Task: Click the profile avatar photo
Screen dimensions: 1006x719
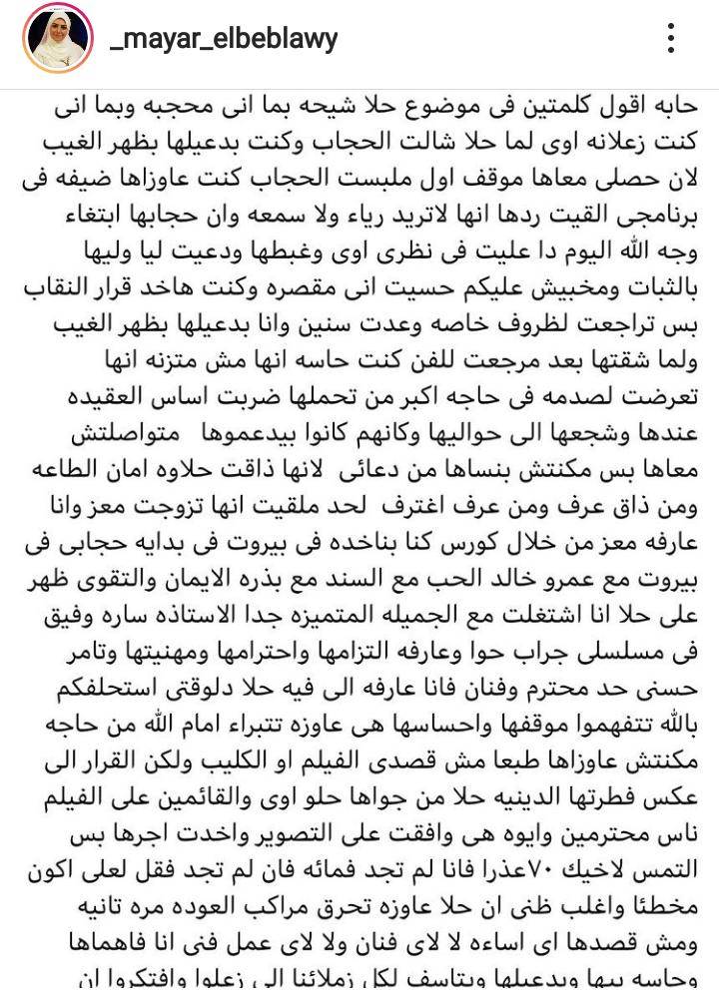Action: point(52,39)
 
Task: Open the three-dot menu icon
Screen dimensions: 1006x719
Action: point(672,39)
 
